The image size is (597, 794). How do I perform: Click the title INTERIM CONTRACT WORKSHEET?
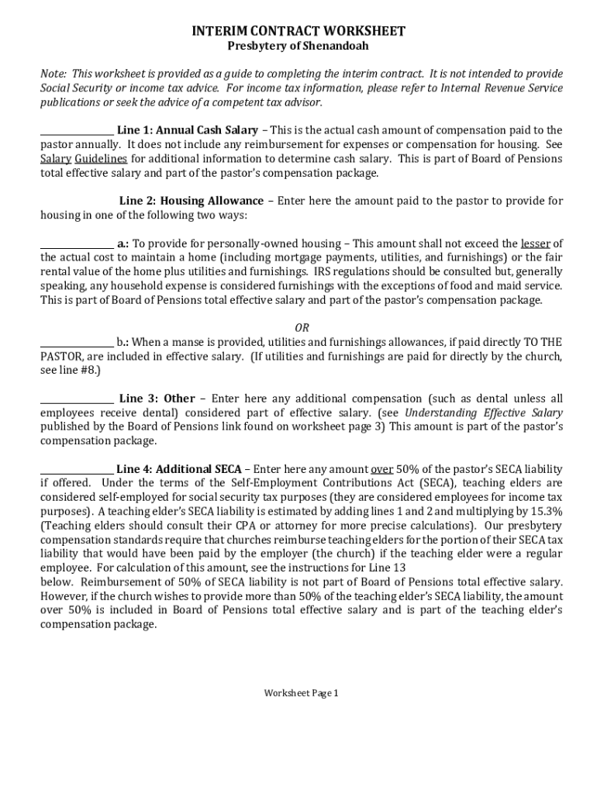pos(298,31)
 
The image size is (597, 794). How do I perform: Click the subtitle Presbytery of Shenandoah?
pos(298,46)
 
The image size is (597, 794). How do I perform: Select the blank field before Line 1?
pos(77,131)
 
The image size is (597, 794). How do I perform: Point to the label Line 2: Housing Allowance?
pos(191,201)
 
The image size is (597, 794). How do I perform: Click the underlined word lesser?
pos(535,243)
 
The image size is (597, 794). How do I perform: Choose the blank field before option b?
pos(77,343)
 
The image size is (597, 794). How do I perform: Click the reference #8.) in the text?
pos(85,371)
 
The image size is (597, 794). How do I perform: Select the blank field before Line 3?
pos(77,399)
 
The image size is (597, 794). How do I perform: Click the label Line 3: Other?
pos(157,399)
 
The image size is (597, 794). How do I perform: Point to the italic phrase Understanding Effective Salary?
pos(484,413)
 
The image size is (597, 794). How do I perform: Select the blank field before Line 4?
pos(77,470)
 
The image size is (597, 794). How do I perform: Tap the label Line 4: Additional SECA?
pos(178,469)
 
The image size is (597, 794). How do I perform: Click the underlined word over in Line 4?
pos(381,469)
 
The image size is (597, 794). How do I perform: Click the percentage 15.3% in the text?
pos(543,511)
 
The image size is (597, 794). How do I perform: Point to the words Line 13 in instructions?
pos(388,567)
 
